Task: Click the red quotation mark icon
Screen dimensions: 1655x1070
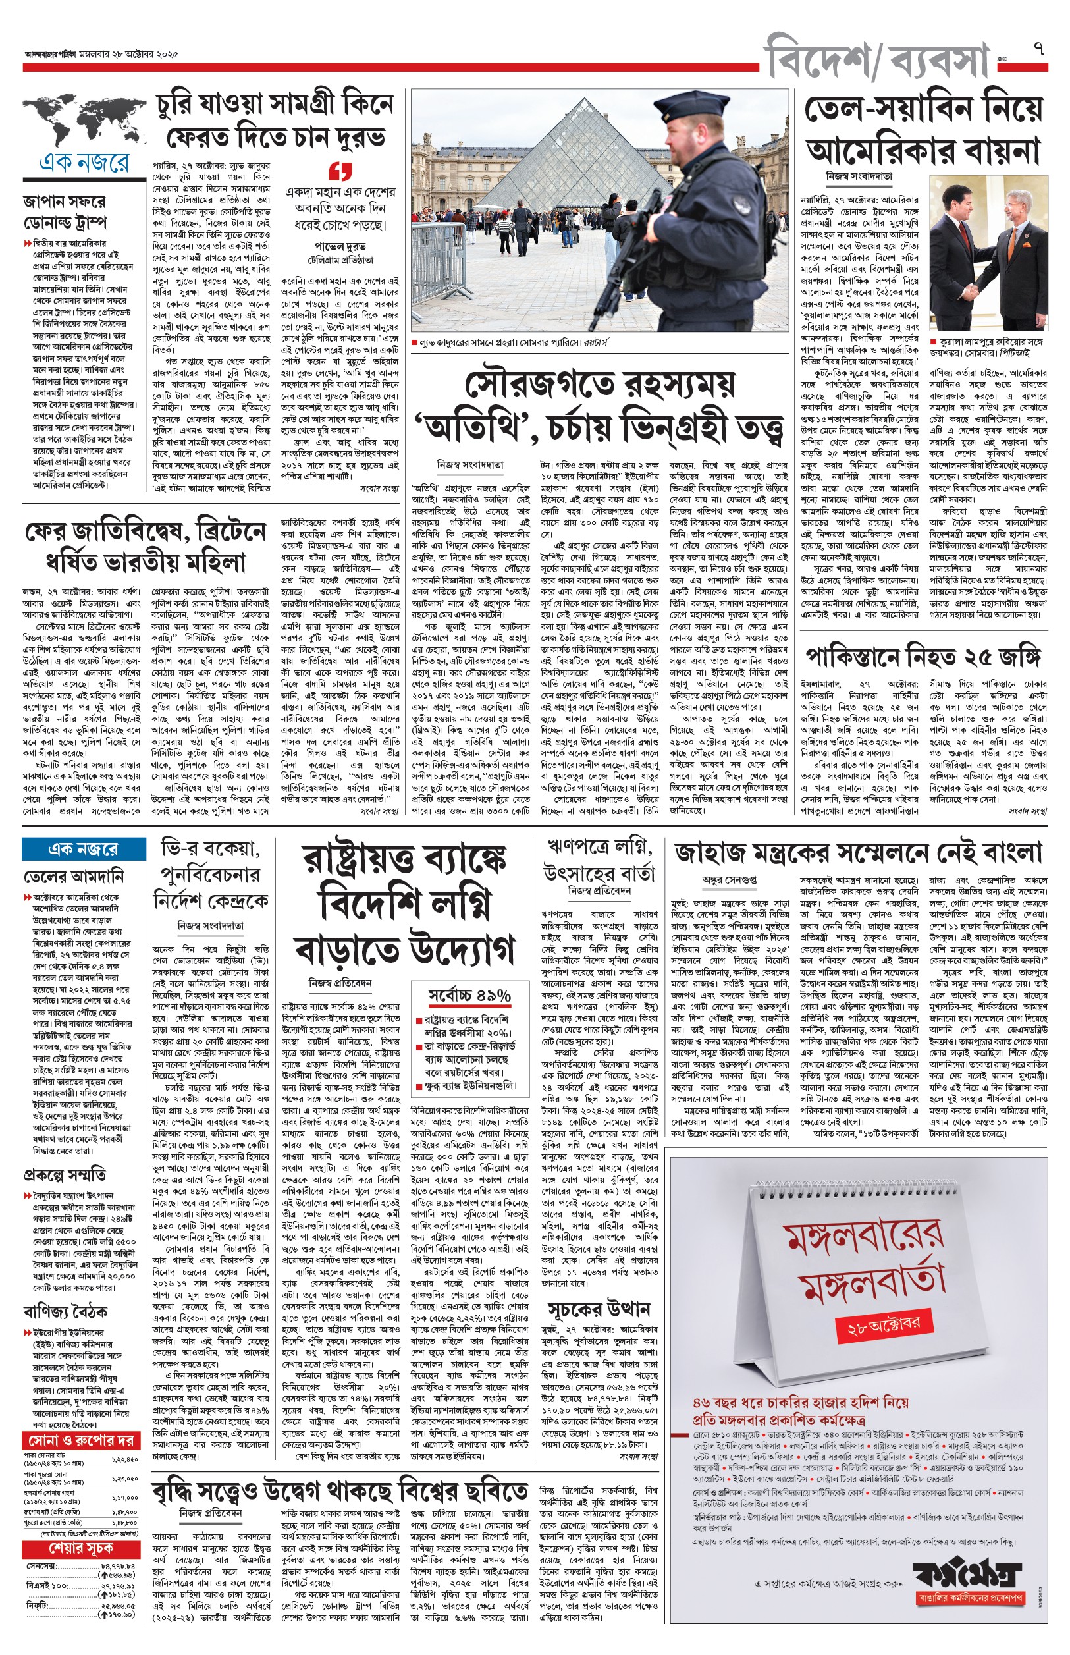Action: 340,171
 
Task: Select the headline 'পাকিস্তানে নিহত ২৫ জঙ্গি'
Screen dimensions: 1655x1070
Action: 923,657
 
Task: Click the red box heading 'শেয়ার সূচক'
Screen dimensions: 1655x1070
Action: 80,1549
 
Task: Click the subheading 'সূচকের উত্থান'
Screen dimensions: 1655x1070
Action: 599,1309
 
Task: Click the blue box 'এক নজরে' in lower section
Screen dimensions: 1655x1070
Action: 84,849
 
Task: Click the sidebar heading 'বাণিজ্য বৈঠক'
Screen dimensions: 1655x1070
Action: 65,1311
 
